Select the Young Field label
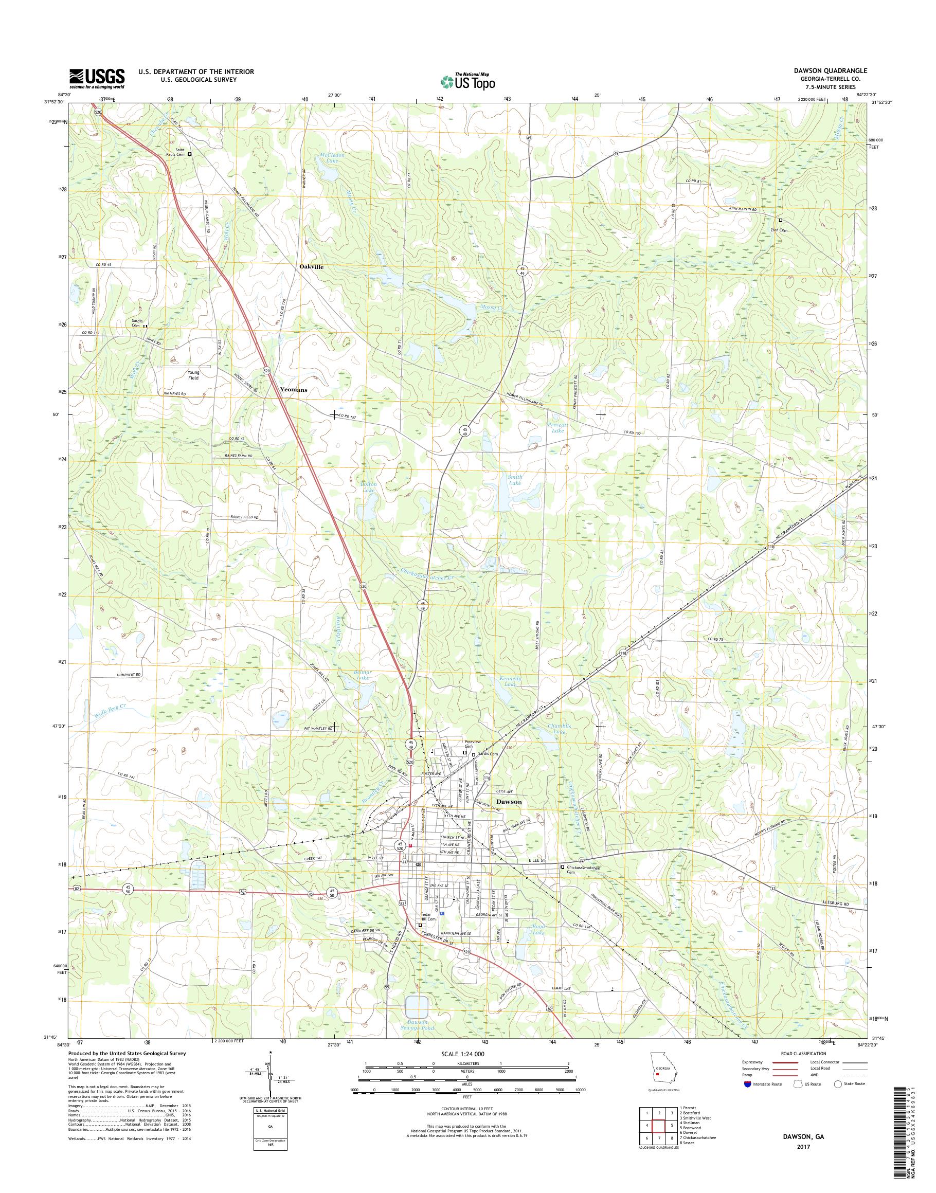(192, 375)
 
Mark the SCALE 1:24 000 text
(463, 1053)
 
